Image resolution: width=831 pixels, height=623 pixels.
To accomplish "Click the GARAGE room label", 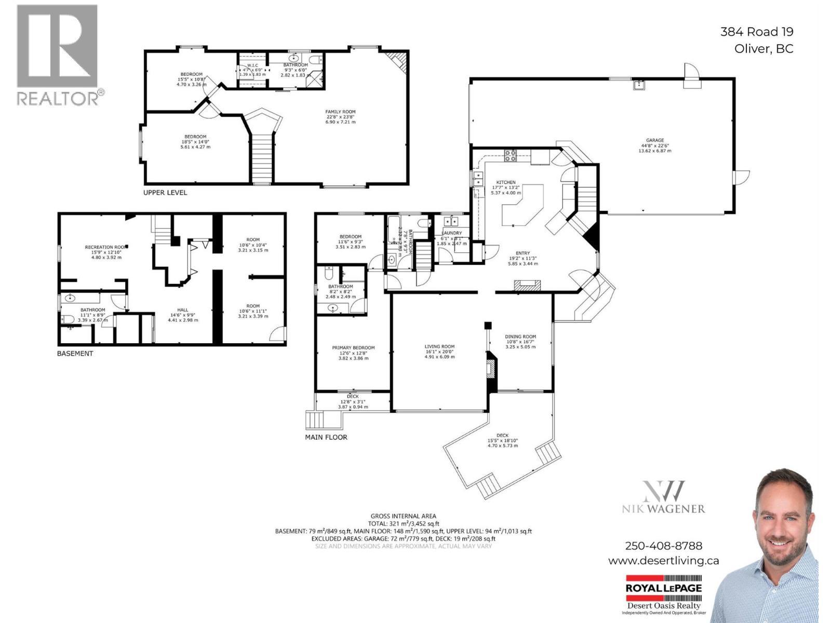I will [655, 140].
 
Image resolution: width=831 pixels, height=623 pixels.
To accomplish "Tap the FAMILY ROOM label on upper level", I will [340, 112].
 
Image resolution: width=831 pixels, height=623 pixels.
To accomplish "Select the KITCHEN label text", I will [505, 182].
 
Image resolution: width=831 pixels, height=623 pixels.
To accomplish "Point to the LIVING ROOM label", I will [439, 346].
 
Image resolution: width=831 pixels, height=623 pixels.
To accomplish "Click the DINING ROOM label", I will [520, 336].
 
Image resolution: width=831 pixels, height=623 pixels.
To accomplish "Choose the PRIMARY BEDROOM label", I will [353, 348].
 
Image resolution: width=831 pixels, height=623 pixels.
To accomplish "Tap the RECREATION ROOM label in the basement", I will [105, 247].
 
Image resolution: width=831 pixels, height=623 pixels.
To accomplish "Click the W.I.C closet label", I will [252, 65].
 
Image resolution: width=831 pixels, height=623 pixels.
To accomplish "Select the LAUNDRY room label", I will [452, 233].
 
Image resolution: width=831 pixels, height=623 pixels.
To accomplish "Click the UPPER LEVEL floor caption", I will [165, 193].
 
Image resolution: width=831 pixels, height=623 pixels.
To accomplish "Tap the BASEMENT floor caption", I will [75, 354].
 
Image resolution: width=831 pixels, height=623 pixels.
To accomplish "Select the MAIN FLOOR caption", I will [326, 437].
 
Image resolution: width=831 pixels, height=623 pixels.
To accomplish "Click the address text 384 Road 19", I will [756, 32].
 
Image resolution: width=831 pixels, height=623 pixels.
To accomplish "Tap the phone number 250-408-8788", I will [663, 546].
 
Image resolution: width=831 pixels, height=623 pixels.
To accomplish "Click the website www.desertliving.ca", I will [663, 561].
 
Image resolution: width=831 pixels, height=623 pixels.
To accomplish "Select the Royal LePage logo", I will [663, 588].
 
